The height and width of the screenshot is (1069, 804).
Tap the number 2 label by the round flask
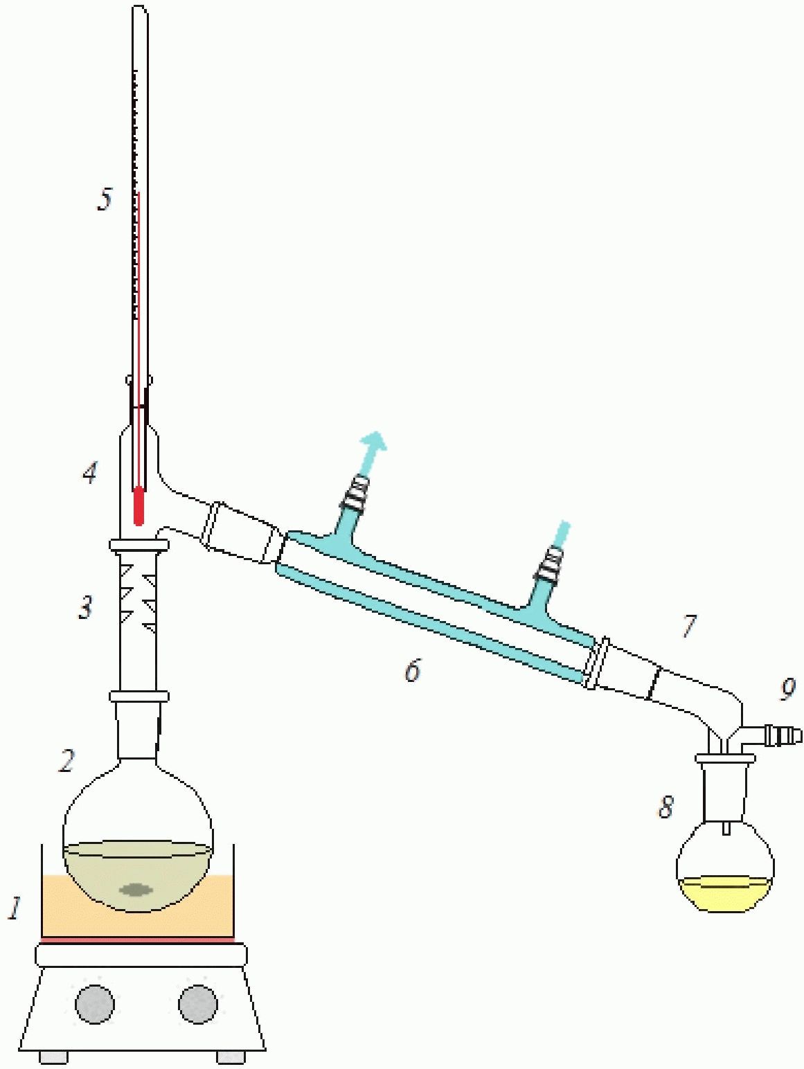[66, 760]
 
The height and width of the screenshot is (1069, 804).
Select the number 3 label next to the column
[86, 607]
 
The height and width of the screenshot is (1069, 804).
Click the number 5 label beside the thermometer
[104, 199]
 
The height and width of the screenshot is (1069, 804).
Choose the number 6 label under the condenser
[412, 670]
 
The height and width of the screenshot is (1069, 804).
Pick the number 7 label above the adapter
[688, 625]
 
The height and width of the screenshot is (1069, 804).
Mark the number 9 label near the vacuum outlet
[787, 689]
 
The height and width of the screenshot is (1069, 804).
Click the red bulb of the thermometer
[139, 507]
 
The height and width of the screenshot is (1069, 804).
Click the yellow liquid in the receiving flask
[725, 892]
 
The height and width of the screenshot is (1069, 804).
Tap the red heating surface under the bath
[138, 940]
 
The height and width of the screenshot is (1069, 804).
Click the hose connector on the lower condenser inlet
[549, 564]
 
